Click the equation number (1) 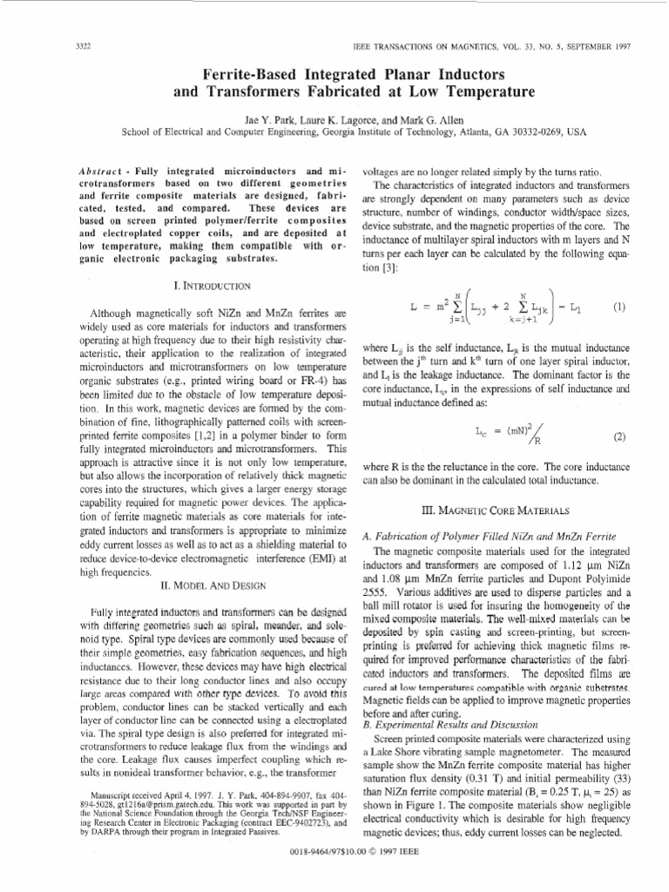pyautogui.click(x=619, y=307)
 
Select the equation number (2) pyautogui.click(x=619, y=435)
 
